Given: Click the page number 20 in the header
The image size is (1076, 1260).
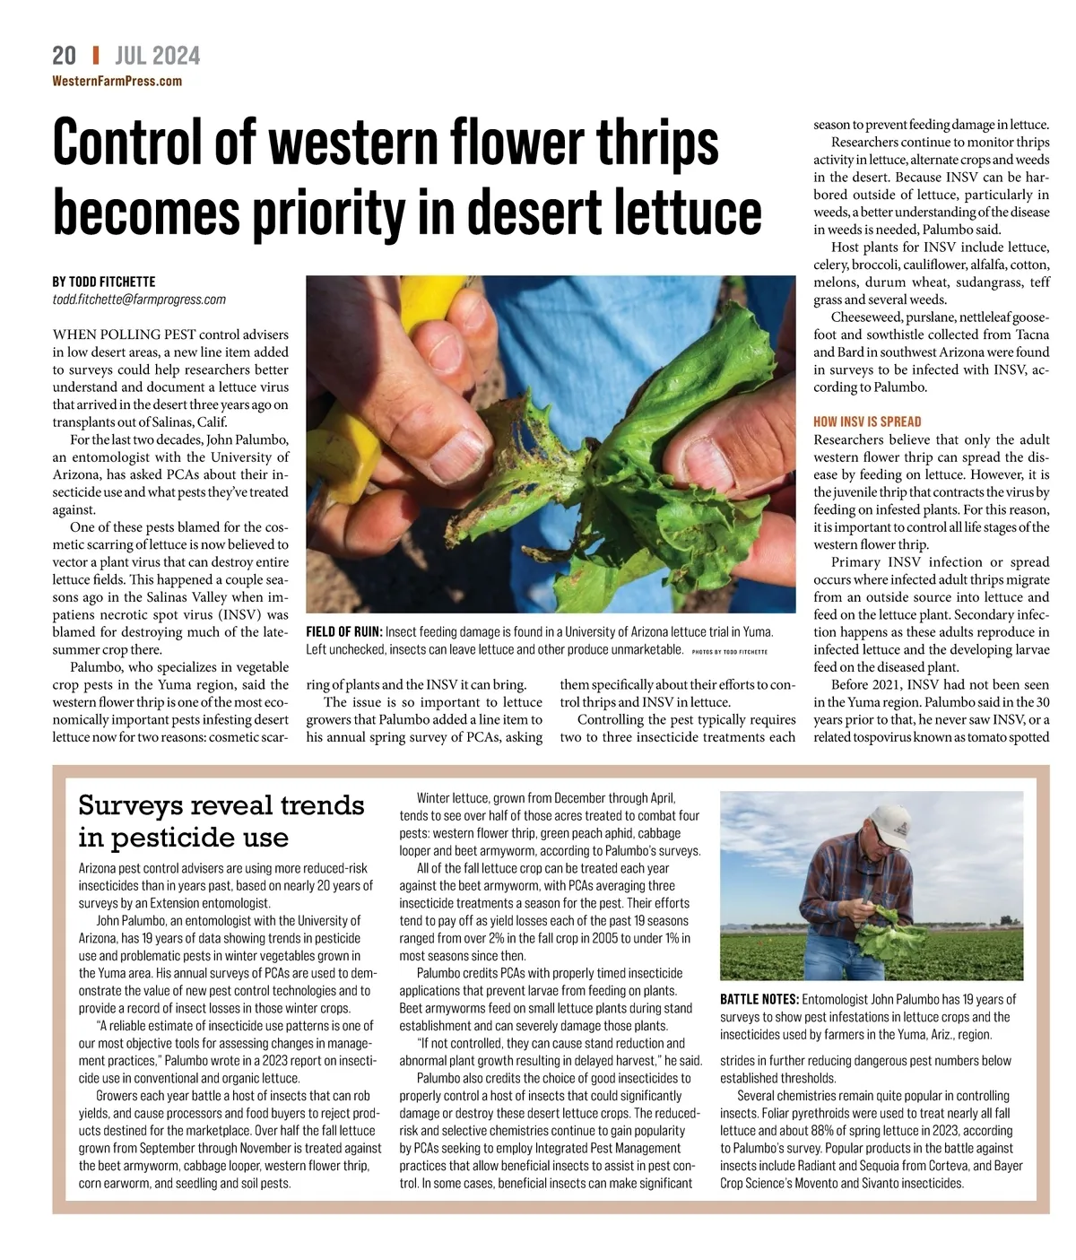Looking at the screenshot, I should [64, 56].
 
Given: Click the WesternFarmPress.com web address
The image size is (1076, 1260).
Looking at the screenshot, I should [117, 82].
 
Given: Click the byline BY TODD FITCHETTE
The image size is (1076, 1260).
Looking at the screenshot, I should [104, 282].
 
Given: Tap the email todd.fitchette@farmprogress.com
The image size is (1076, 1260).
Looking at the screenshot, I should [139, 300].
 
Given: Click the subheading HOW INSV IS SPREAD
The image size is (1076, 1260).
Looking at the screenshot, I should [867, 421].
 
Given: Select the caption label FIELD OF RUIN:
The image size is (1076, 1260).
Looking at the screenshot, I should [343, 632].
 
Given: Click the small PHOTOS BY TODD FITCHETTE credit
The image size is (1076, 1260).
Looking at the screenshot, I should [730, 651].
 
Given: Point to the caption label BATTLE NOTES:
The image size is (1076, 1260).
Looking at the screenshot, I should [759, 999].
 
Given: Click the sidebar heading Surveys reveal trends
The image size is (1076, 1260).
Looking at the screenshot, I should [221, 804].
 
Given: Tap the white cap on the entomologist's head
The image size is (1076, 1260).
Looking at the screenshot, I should [888, 816].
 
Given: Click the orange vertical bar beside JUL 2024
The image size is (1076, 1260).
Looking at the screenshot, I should [96, 56].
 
